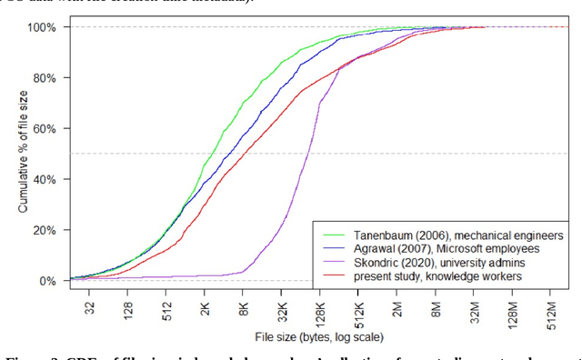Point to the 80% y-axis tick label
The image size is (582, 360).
[x=45, y=78]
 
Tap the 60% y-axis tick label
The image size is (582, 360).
[x=45, y=129]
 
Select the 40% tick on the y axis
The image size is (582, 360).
[x=45, y=180]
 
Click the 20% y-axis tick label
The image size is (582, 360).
[x=45, y=231]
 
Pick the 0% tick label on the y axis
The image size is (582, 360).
[x=47, y=282]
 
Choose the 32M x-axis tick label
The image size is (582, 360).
[x=475, y=309]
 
